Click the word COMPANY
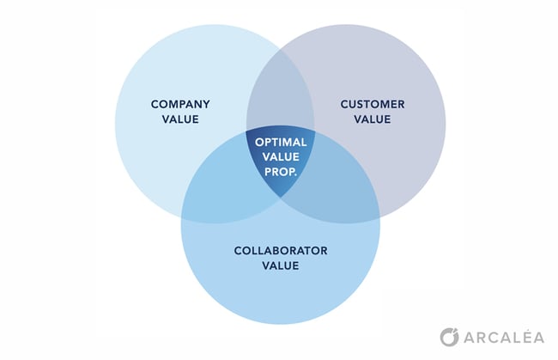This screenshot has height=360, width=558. tap(180, 104)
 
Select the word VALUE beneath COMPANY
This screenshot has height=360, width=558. tap(180, 119)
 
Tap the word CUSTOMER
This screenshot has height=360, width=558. tap(373, 104)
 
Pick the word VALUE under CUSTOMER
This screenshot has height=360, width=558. tap(373, 119)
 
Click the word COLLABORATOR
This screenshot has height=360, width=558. tap(281, 251)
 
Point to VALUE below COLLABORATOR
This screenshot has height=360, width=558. tap(281, 265)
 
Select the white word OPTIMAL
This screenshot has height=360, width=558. tap(281, 143)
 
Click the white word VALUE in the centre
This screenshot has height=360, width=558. tap(281, 157)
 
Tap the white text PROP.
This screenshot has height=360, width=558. tap(281, 172)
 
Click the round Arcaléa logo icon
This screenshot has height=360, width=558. tap(450, 337)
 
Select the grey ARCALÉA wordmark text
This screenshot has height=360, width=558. tap(504, 337)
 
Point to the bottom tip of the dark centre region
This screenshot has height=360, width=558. tap(281, 198)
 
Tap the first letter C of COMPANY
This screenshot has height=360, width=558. tap(155, 104)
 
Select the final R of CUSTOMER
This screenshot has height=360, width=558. tap(401, 104)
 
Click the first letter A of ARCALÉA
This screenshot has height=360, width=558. tap(470, 338)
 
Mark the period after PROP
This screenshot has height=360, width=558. tap(295, 175)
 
